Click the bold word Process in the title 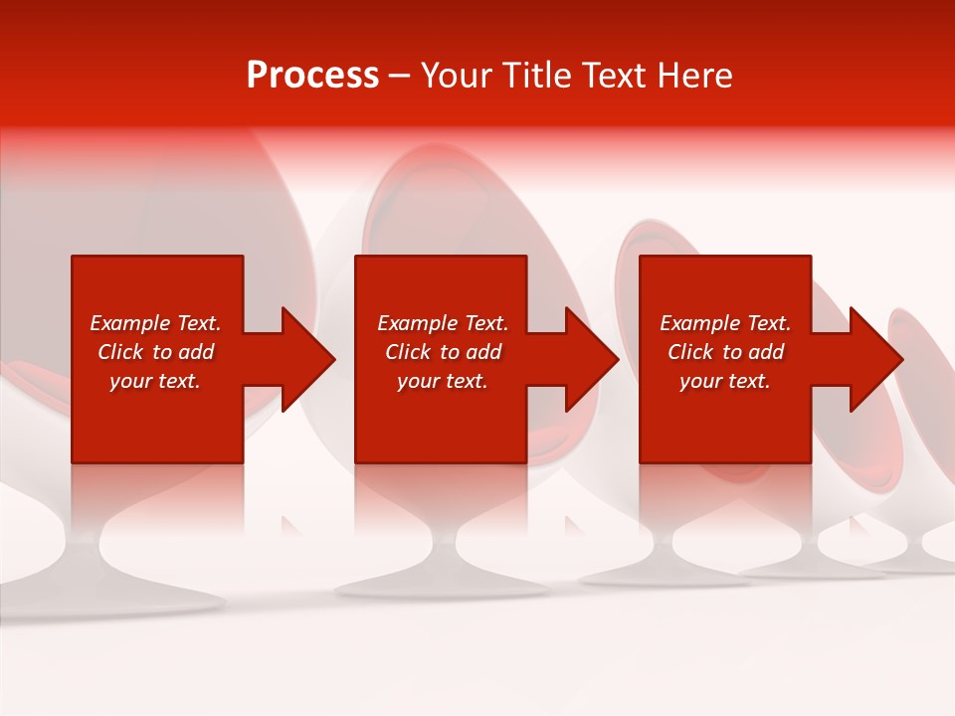pos(312,76)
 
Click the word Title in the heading pos(537,76)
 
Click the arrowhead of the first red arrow pos(308,359)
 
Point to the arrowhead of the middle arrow pos(592,359)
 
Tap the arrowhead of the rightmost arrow pos(876,359)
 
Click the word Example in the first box pos(131,323)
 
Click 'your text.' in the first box pos(155,381)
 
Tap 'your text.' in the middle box pos(443,381)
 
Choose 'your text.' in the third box pos(725,381)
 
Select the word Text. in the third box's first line pos(769,323)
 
